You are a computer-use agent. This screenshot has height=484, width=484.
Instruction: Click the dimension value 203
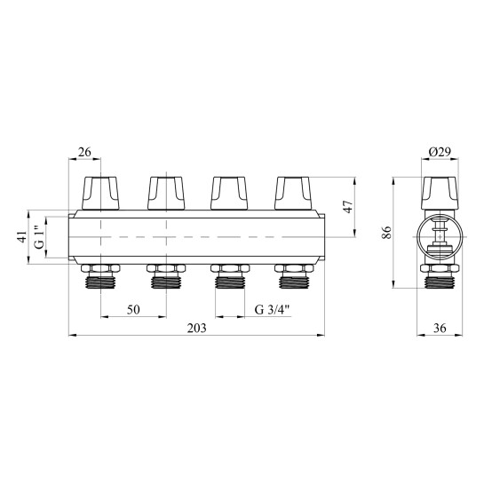196,328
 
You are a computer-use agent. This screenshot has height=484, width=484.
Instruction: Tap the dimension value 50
133,309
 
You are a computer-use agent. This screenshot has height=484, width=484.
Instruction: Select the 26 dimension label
84,152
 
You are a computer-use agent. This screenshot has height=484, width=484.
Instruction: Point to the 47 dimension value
348,207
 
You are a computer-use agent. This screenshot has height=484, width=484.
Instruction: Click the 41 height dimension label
22,237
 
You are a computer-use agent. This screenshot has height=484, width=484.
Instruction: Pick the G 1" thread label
40,237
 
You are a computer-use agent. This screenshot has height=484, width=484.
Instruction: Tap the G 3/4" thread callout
273,309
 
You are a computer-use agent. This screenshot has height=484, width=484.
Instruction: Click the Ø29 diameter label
440,152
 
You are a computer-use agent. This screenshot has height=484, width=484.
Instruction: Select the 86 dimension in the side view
387,233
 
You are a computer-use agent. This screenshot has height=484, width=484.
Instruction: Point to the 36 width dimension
440,328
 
